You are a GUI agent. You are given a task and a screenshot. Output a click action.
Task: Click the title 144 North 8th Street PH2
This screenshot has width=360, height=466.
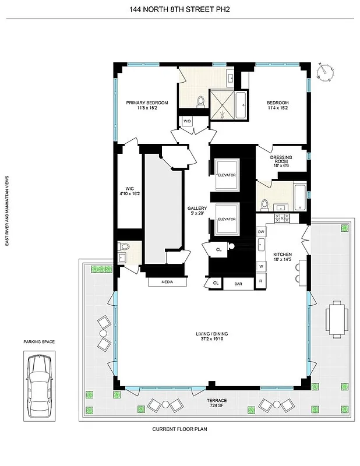click(180, 9)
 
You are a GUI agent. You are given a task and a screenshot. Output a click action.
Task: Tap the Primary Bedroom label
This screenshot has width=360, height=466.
click(147, 105)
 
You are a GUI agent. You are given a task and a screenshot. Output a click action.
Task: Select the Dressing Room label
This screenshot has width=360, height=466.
click(281, 161)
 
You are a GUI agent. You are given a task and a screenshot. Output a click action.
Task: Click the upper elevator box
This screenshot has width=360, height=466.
click(225, 175)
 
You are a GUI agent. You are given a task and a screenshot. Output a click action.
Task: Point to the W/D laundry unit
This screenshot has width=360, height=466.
click(187, 121)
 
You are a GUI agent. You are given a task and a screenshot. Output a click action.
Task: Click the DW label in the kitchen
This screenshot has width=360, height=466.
click(261, 232)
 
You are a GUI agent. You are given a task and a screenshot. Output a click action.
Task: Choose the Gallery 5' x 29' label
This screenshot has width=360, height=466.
click(197, 211)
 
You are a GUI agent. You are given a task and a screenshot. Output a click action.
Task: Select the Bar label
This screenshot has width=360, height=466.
click(238, 284)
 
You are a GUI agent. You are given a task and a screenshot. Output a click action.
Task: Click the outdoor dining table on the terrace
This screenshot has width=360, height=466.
click(336, 319)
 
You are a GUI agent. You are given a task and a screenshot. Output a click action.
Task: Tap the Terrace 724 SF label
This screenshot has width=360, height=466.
click(211, 404)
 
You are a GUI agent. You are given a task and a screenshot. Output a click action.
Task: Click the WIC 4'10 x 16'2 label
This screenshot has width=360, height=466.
click(126, 190)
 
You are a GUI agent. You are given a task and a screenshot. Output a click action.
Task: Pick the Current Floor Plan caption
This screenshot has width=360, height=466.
click(179, 429)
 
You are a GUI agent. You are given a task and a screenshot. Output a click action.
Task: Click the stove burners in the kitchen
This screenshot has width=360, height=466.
click(282, 218)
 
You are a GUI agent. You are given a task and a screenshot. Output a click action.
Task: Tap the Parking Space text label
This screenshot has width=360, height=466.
click(39, 342)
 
